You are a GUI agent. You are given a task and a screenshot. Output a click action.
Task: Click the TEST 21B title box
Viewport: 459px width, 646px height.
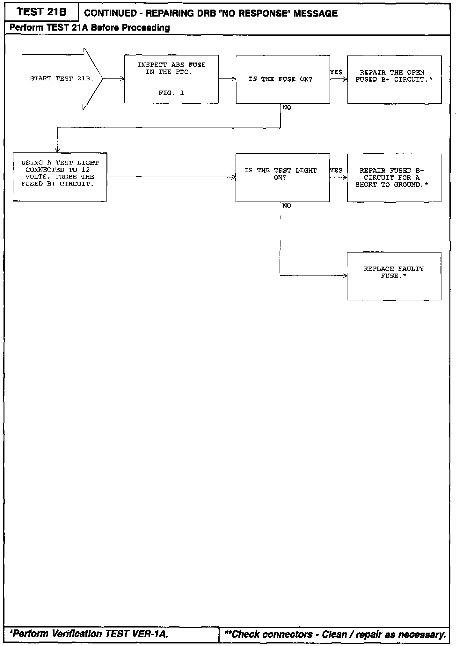(41, 12)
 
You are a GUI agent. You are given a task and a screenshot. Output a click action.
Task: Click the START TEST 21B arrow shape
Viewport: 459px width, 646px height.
(61, 79)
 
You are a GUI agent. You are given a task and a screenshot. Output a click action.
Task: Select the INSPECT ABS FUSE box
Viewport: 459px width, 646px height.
(171, 79)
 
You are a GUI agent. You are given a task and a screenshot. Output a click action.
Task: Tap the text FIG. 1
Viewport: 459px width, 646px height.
(171, 93)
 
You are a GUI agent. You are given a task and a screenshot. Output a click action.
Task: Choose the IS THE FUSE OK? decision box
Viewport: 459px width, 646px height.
(282, 79)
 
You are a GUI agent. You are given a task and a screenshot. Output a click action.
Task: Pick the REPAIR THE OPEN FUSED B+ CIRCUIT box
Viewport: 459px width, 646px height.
(394, 79)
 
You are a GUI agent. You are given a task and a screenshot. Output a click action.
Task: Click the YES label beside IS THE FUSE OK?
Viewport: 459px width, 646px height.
(336, 72)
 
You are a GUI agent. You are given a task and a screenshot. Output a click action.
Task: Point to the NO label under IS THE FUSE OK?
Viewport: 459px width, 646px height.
(287, 108)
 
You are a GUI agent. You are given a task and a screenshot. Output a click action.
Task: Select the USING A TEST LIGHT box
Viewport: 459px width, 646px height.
(60, 177)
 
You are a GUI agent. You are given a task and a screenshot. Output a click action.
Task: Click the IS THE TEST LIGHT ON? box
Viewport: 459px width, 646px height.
(282, 177)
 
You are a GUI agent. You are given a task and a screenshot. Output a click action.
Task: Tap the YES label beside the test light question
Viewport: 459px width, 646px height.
(336, 171)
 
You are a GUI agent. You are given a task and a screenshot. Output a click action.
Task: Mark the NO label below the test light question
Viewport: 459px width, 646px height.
(287, 206)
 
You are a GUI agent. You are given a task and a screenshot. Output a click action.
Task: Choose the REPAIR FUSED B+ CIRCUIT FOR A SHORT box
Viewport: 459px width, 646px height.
(394, 178)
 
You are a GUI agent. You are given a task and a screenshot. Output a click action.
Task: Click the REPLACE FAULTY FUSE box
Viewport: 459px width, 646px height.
(394, 276)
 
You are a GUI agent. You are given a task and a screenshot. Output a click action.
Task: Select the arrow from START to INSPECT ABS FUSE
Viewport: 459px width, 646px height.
(113, 79)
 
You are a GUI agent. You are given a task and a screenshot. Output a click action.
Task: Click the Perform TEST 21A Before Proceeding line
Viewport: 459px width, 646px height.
(90, 28)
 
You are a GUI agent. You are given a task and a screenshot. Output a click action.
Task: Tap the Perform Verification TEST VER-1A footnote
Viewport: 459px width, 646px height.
(89, 634)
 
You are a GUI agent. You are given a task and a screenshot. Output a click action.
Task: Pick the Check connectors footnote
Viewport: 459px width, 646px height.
(335, 634)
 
